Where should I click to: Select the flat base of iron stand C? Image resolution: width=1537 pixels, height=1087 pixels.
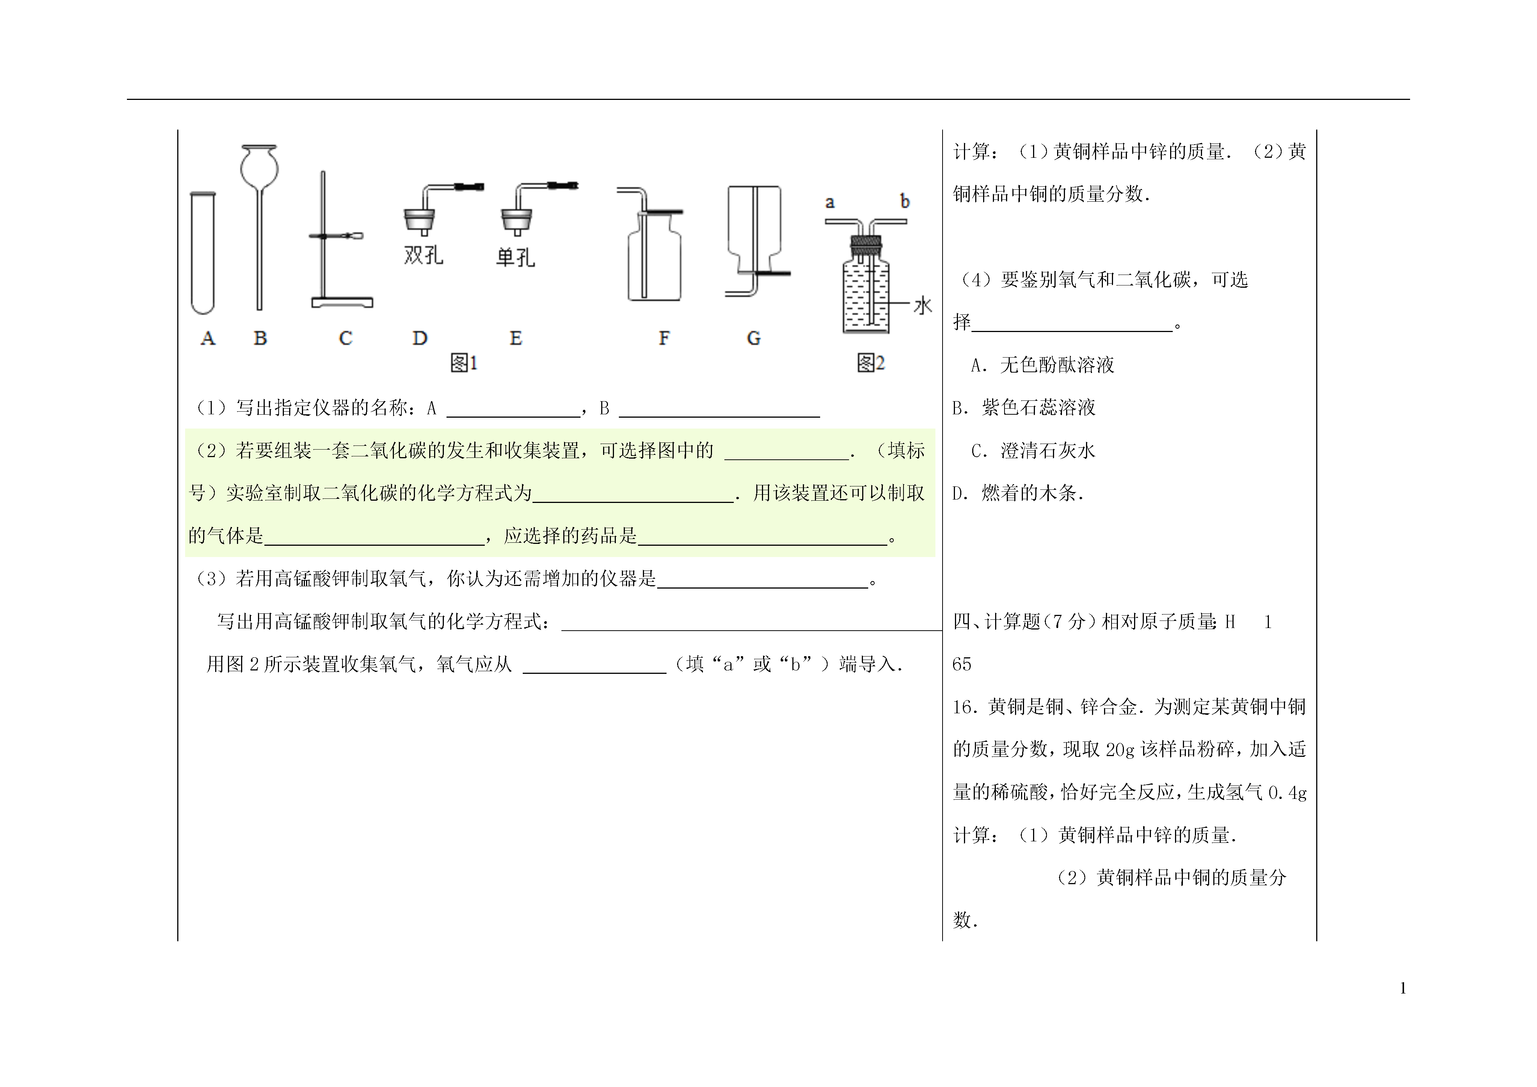(342, 303)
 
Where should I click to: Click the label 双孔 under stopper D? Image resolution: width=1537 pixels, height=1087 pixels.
(423, 255)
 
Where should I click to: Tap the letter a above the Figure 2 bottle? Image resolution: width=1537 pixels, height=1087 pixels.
(830, 202)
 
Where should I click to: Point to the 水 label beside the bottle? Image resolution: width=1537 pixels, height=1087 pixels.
(923, 306)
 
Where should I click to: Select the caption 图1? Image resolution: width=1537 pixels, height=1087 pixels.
(464, 363)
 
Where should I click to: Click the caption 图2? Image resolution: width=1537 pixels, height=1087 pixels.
(871, 363)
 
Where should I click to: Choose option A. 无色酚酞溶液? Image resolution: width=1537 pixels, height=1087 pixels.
(1042, 365)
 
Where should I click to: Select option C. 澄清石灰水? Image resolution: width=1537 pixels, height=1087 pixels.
(1033, 451)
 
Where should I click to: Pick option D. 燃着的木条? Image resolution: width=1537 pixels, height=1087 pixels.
(1018, 494)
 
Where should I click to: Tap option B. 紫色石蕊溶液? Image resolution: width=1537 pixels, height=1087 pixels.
(1024, 408)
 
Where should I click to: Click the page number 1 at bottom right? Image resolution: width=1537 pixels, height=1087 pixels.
(1403, 989)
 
